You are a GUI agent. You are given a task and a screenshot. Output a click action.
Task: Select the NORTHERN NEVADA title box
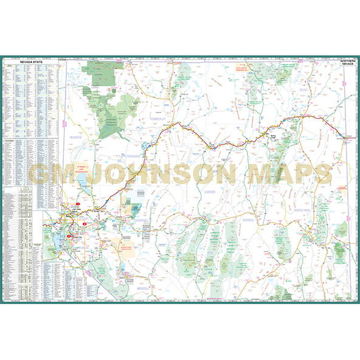pos(347,64)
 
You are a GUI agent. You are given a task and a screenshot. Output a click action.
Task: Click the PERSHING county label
pos(130,156)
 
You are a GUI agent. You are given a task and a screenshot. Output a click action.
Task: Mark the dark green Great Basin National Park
pos(341,248)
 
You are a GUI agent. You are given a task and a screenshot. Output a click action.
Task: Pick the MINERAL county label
pos(144,286)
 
